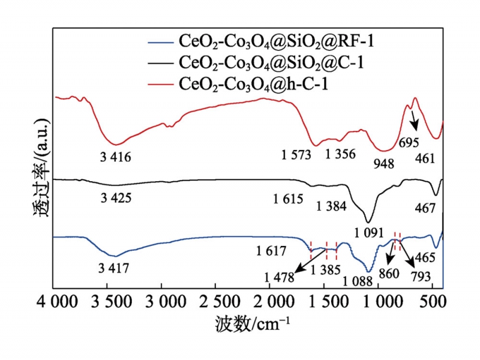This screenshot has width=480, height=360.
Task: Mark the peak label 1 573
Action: pos(296,155)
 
